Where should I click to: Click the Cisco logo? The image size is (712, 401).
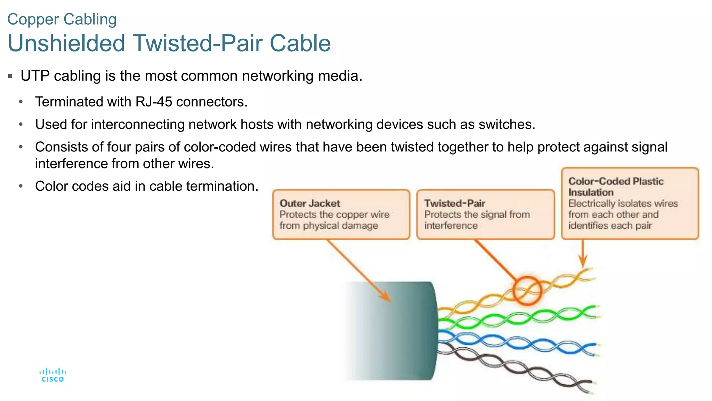pyautogui.click(x=52, y=375)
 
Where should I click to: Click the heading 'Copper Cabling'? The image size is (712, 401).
pyautogui.click(x=62, y=19)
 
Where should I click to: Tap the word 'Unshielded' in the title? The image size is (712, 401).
pyautogui.click(x=66, y=44)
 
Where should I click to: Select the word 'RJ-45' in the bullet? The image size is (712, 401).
pyautogui.click(x=154, y=102)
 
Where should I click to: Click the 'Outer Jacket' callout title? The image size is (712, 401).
pyautogui.click(x=310, y=203)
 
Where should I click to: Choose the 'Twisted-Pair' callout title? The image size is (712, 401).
pyautogui.click(x=454, y=203)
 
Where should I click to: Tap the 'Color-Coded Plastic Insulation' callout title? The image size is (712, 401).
pyautogui.click(x=616, y=187)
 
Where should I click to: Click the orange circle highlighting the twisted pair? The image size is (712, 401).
pyautogui.click(x=527, y=291)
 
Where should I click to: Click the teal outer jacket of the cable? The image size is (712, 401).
pyautogui.click(x=400, y=331)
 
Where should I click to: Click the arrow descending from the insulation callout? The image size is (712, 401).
pyautogui.click(x=583, y=254)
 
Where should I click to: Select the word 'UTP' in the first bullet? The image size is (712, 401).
pyautogui.click(x=35, y=76)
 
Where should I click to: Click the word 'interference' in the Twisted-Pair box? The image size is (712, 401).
pyautogui.click(x=451, y=226)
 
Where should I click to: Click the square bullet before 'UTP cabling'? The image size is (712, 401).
pyautogui.click(x=10, y=76)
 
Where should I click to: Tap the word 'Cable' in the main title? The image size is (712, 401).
pyautogui.click(x=300, y=44)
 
